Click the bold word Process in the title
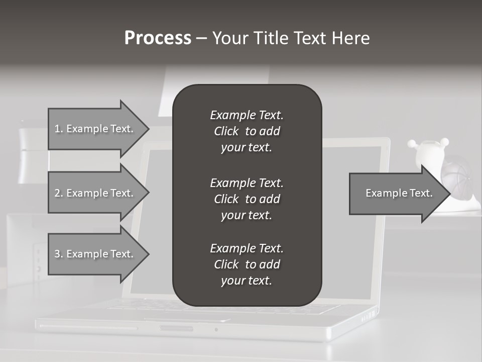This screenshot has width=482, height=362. [x=158, y=38]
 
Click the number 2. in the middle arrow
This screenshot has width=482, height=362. [x=58, y=193]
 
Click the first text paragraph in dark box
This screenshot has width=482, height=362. [x=247, y=131]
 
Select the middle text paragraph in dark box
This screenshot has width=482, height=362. [x=247, y=199]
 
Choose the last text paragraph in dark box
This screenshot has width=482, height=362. [x=247, y=264]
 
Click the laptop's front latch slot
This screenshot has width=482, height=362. [x=176, y=328]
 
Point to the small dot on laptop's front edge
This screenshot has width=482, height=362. [x=216, y=330]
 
